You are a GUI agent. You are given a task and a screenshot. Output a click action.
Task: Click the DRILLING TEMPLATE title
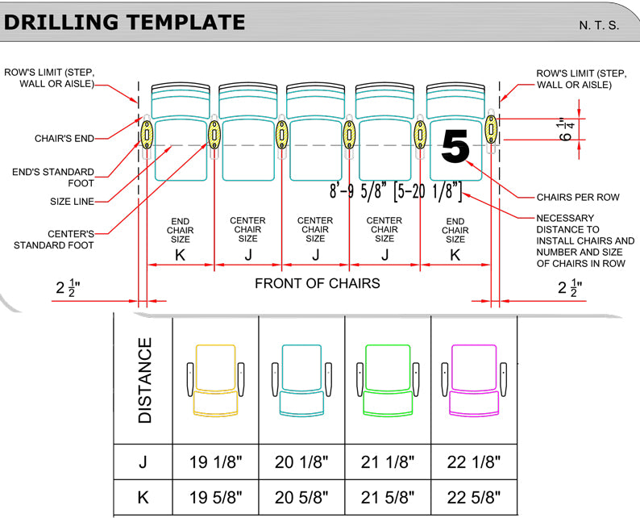click(124, 22)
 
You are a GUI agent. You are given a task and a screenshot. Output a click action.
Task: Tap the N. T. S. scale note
click(599, 26)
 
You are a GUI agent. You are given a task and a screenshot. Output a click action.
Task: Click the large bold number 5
click(455, 148)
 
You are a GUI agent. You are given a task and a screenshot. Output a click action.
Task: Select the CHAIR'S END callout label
click(64, 138)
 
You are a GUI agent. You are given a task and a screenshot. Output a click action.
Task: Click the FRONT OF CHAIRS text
click(318, 283)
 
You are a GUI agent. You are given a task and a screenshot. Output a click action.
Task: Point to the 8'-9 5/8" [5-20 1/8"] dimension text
click(396, 191)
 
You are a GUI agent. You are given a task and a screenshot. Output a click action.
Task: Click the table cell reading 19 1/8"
click(215, 462)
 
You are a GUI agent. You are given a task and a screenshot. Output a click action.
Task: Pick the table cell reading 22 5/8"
click(474, 496)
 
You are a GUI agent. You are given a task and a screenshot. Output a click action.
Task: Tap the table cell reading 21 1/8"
click(388, 462)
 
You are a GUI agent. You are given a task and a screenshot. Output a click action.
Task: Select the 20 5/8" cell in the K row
click(301, 496)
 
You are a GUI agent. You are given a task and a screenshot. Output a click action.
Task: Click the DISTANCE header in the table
click(144, 380)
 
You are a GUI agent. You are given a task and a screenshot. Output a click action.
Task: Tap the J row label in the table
click(143, 462)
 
